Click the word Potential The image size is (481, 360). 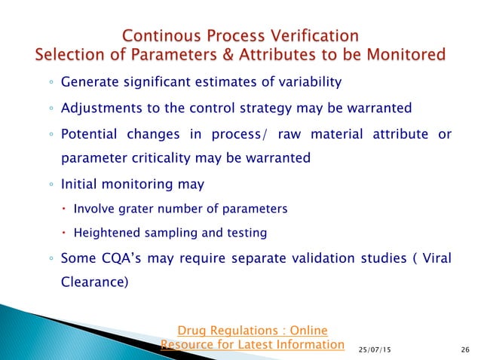[88, 134]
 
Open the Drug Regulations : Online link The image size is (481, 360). [252, 330]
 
